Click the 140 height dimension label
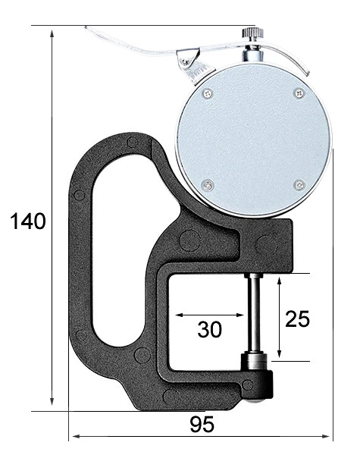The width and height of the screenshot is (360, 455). click(28, 221)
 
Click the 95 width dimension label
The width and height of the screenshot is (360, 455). click(202, 425)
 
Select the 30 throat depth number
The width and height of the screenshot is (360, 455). click(209, 329)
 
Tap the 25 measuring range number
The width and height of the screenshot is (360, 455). click(297, 318)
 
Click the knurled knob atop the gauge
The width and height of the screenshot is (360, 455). click(252, 33)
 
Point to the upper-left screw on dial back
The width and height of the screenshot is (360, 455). click(207, 93)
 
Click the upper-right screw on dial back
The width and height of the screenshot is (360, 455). click(299, 93)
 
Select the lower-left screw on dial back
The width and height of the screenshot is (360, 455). click(208, 185)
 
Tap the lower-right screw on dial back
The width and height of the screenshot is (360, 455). click(299, 184)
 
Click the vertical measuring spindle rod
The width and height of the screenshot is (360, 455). click(254, 312)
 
